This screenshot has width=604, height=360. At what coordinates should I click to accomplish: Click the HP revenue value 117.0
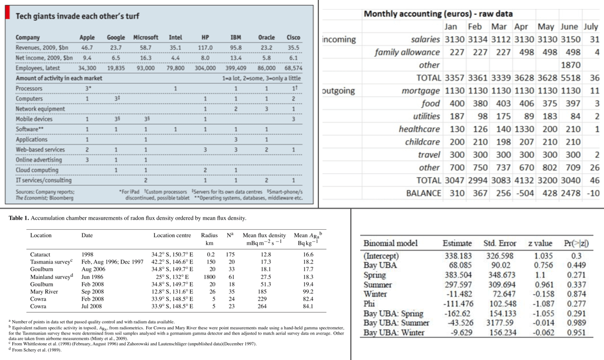click(205, 48)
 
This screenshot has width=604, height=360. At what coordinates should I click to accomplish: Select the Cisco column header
click(293, 38)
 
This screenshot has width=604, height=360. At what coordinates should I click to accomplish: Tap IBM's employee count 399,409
click(235, 68)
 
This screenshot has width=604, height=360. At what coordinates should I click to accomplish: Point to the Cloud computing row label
click(37, 170)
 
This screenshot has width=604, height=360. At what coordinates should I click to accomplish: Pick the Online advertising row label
click(39, 160)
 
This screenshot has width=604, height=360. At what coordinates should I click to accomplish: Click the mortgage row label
click(421, 91)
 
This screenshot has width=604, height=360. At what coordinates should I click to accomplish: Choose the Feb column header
click(475, 26)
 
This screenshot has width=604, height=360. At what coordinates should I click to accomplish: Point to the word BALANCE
click(423, 193)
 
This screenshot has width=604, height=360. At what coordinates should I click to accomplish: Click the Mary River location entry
click(44, 291)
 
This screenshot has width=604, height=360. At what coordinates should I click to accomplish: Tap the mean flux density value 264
click(262, 306)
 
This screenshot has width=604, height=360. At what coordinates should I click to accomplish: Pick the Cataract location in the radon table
click(40, 254)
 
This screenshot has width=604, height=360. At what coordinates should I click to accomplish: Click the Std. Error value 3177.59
click(500, 323)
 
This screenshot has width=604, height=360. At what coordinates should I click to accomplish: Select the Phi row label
click(369, 304)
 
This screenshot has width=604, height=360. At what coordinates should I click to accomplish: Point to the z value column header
click(540, 244)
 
